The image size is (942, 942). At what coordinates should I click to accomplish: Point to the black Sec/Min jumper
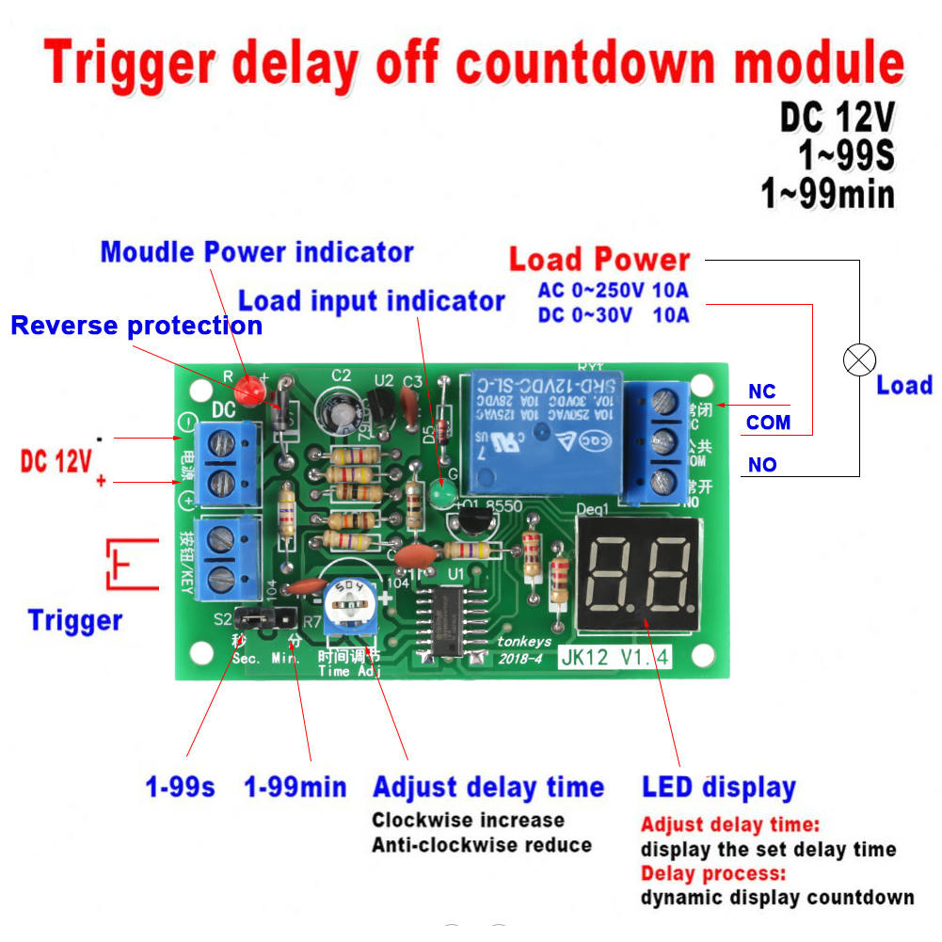coord(256,618)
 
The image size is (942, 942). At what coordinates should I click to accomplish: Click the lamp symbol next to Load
coord(859,359)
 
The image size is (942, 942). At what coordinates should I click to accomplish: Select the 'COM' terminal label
coord(768,423)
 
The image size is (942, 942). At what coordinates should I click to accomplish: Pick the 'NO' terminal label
coord(762,464)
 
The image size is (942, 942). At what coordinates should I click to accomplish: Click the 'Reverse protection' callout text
coord(136,326)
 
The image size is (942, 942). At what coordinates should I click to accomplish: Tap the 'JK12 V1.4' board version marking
coord(615,657)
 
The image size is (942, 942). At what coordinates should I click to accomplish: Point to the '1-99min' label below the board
coord(295,787)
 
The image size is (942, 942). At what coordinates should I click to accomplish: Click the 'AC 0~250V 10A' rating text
coord(613,290)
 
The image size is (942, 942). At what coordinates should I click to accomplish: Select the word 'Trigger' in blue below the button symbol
coord(75,621)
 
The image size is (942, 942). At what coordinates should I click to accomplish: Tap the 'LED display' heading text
coord(718,787)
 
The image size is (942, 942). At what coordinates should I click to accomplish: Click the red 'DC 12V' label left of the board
coord(56,461)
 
